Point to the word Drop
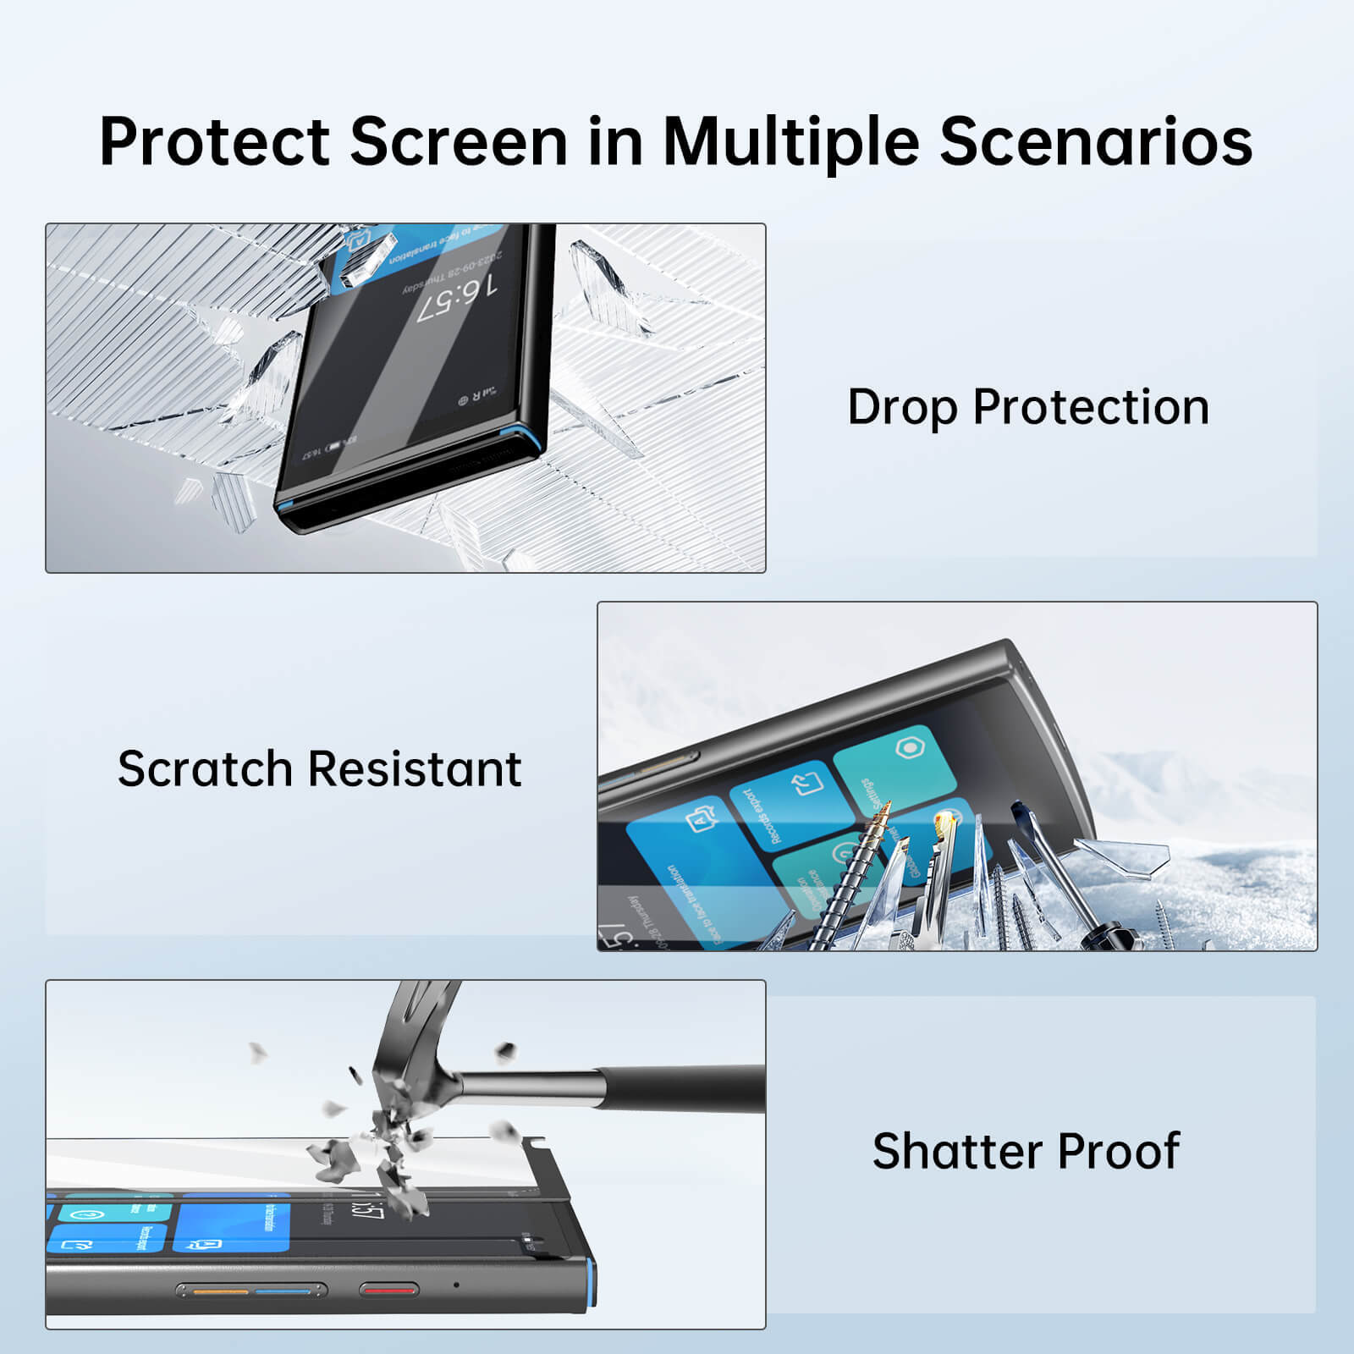tap(902, 407)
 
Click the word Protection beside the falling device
tap(1091, 407)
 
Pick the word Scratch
tap(205, 768)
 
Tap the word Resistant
tap(415, 768)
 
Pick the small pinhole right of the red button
tap(457, 1285)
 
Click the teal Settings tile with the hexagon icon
tap(897, 766)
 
